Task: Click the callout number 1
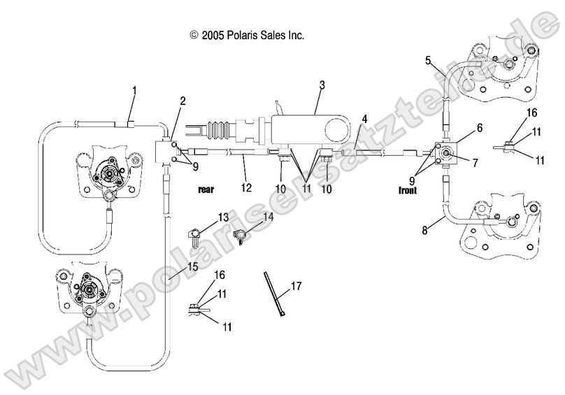[x=134, y=90]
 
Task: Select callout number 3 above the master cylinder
[x=322, y=85]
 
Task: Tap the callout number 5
[x=428, y=60]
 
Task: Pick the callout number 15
[x=192, y=266]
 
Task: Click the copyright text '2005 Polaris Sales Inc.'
[x=252, y=34]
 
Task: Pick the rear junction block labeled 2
[x=165, y=150]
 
